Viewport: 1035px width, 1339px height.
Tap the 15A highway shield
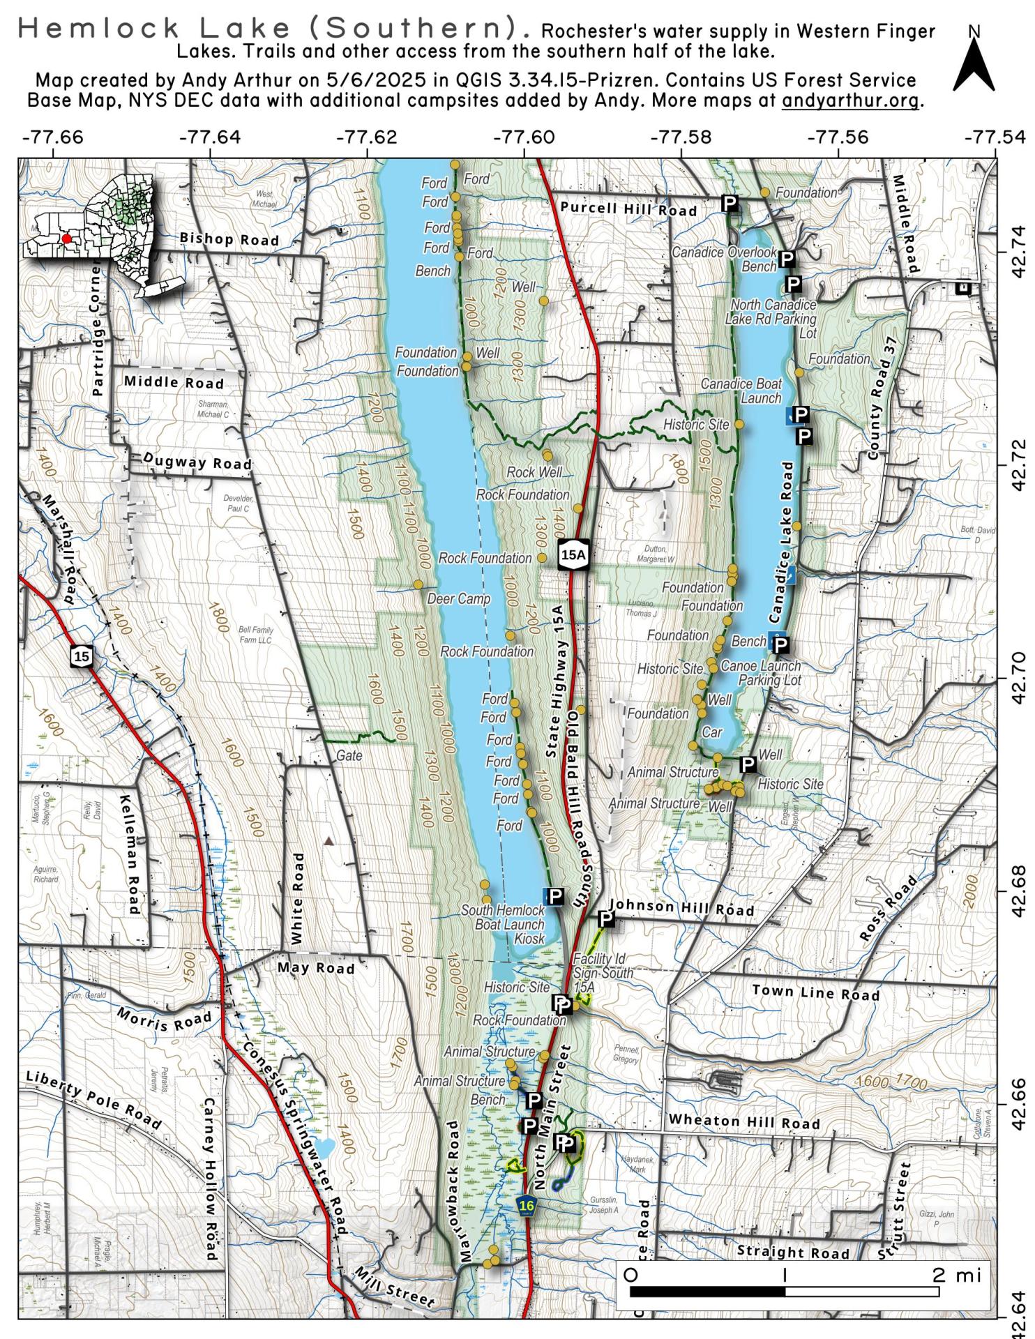point(574,554)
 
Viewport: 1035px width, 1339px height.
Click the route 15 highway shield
point(82,656)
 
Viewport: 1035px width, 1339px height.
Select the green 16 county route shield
point(527,1204)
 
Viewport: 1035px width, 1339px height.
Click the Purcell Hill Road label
point(628,209)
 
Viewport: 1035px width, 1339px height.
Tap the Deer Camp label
point(458,599)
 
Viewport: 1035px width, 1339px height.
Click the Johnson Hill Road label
point(681,907)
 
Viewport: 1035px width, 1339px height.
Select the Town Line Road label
point(815,992)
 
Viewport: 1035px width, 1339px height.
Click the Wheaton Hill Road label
point(743,1121)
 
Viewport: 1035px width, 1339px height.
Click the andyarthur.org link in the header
point(850,100)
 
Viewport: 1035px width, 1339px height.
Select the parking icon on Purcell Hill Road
point(730,203)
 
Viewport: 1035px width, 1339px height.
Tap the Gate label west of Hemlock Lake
point(349,755)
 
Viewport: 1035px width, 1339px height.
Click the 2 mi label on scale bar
point(957,1275)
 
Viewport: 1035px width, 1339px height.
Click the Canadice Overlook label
point(723,252)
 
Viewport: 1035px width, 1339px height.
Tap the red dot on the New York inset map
point(66,239)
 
